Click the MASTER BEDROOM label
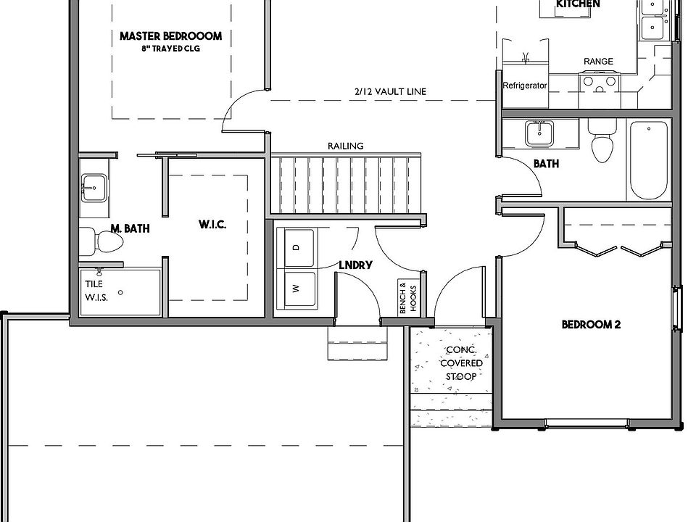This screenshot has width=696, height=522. (x=170, y=36)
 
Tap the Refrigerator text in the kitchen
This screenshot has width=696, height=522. (x=525, y=86)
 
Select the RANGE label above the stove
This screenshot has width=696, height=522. (x=598, y=62)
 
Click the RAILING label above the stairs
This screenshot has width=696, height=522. (x=346, y=146)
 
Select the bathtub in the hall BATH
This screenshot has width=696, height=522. (x=647, y=160)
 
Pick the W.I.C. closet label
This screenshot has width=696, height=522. (x=212, y=225)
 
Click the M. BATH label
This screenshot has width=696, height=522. (x=130, y=228)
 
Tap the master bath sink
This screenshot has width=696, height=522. (x=94, y=188)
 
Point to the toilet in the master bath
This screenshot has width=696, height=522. (x=90, y=241)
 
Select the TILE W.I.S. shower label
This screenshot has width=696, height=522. (x=96, y=291)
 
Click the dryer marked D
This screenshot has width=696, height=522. (x=295, y=247)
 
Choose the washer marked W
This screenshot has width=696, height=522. (x=295, y=289)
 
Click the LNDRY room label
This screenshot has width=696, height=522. (x=355, y=265)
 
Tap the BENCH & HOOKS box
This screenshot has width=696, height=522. (x=407, y=297)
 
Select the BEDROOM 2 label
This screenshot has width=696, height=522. (x=591, y=325)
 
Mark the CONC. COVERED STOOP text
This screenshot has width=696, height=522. (x=461, y=363)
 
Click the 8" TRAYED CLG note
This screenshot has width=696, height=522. (x=170, y=49)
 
